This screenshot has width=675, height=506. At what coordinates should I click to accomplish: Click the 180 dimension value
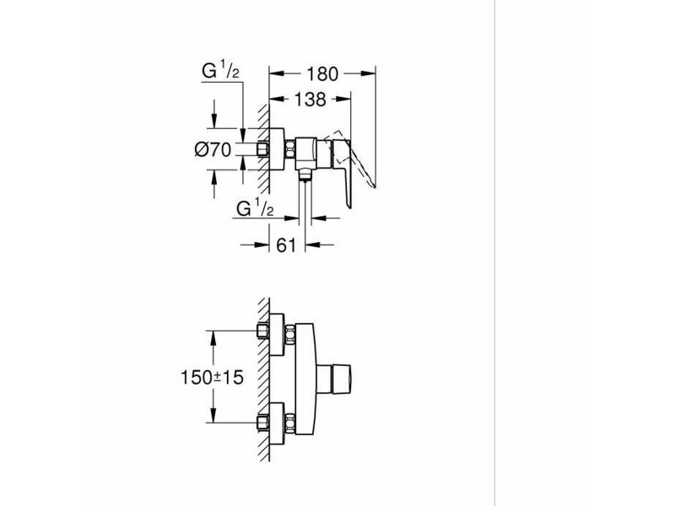(x=322, y=74)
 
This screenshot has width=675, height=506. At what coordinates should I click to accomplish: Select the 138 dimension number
(x=310, y=100)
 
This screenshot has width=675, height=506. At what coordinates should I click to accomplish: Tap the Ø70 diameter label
(x=213, y=150)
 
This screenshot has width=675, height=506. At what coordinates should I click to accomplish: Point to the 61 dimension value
(x=286, y=245)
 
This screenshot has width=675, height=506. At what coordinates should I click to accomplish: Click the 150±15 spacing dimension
(x=212, y=377)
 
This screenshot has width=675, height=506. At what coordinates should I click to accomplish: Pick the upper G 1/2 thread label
(x=220, y=70)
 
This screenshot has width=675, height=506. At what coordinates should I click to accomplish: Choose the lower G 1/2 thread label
(x=255, y=207)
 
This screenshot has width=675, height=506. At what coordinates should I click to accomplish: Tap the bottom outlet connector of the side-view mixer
(x=305, y=174)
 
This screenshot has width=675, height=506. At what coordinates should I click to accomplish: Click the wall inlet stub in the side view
(x=262, y=149)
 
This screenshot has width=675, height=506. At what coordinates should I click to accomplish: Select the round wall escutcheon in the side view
(x=277, y=149)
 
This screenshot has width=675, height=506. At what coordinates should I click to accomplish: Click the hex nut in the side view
(x=290, y=149)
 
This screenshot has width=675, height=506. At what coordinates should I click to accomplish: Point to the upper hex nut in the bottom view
(x=290, y=334)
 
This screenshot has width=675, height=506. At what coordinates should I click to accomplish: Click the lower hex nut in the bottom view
(x=290, y=423)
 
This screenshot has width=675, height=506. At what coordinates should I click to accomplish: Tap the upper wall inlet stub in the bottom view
(x=262, y=331)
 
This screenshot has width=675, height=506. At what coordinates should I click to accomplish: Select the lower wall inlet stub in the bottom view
(x=262, y=423)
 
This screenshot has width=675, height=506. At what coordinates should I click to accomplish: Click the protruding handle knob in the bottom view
(x=333, y=379)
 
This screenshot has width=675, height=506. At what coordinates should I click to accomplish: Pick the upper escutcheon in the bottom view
(x=277, y=335)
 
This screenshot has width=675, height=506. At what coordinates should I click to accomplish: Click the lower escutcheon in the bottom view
(x=277, y=424)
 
